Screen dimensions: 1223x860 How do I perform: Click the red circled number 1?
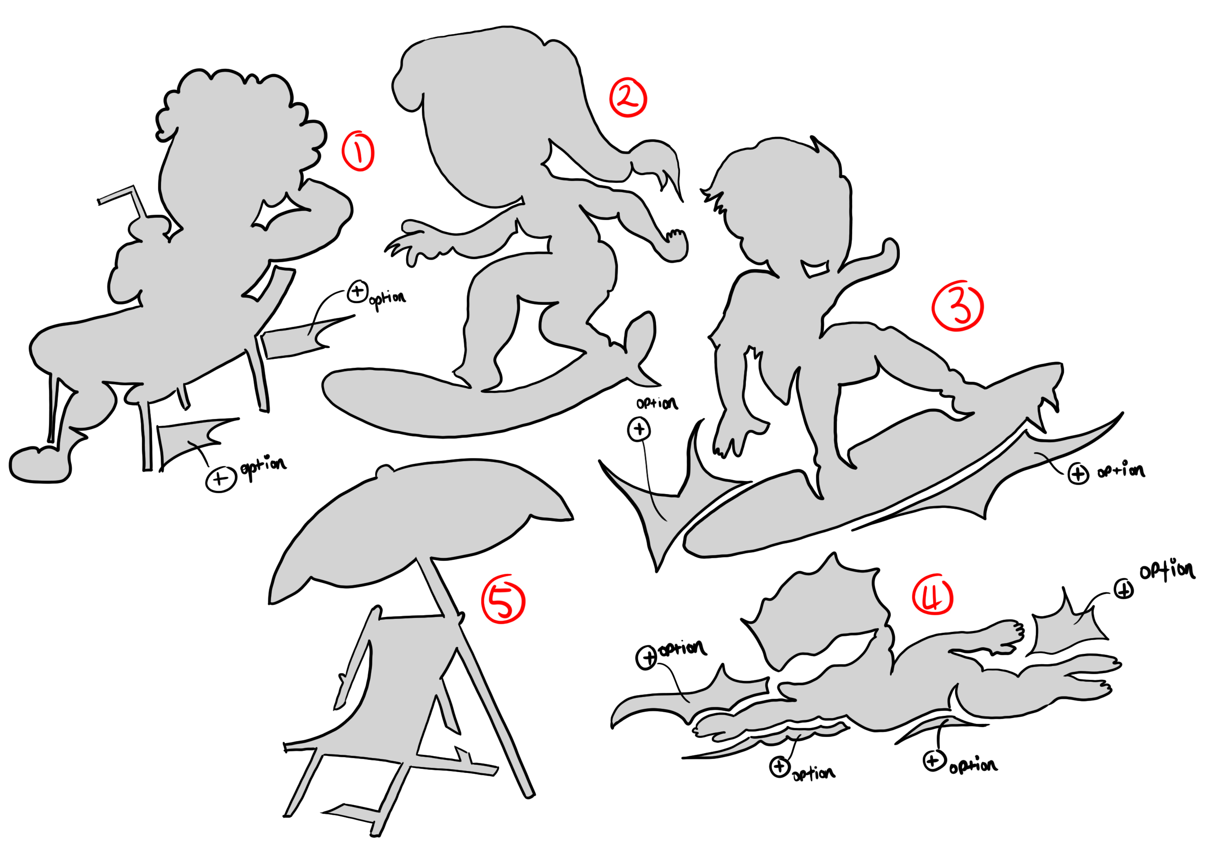point(359,151)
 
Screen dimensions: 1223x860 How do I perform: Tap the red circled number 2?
point(628,97)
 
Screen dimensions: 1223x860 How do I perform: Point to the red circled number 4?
point(932,594)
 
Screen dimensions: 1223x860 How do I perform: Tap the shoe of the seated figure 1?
point(40,465)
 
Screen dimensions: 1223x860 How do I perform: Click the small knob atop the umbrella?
point(384,471)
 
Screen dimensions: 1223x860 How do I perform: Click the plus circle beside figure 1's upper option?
point(357,291)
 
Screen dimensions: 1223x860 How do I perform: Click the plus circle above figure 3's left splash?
point(639,429)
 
